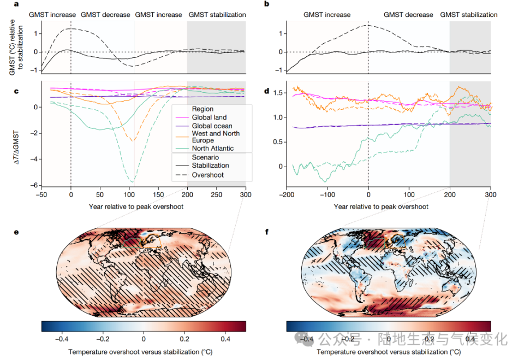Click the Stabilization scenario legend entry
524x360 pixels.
(211, 166)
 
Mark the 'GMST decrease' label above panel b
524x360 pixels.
(408, 15)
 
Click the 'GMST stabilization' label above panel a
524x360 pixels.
(217, 15)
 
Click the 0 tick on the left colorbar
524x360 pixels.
(144, 339)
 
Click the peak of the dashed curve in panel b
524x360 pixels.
(369, 25)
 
